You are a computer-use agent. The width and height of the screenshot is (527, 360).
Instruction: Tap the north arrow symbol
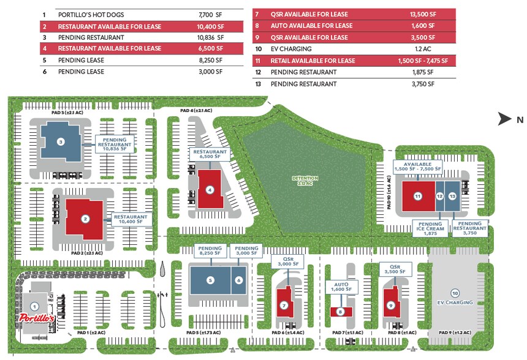coord(506,119)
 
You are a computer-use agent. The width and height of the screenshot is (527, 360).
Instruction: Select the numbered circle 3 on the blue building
coord(61,142)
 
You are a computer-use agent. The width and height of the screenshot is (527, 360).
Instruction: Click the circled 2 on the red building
coord(86,219)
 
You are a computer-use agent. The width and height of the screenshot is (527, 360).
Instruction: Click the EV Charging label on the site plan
coord(455,302)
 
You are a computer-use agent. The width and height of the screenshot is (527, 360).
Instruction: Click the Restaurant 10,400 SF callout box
coord(131,219)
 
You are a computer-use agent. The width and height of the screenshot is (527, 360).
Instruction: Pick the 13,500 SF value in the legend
coord(422,14)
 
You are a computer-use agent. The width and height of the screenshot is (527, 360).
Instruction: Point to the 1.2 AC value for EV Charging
coord(423,49)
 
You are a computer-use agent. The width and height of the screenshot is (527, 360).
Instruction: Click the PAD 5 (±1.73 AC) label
coord(203,333)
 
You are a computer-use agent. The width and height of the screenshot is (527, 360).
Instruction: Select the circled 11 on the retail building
coord(418,197)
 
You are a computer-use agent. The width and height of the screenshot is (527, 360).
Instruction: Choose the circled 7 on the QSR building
coord(284,305)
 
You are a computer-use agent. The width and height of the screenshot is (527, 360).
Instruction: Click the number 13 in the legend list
coord(258,84)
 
